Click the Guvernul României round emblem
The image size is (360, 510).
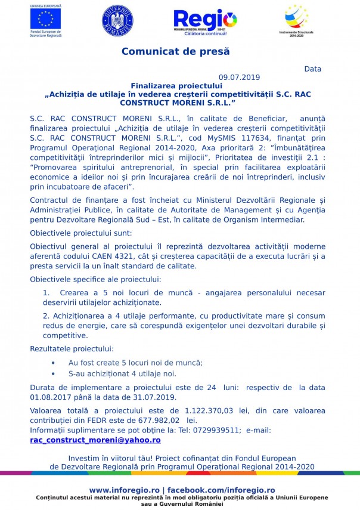[x=117, y=21]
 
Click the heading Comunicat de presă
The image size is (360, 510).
[x=175, y=52]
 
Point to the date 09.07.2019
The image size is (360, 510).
[x=240, y=78]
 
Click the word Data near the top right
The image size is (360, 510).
[x=312, y=69]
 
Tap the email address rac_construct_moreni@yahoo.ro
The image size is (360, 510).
[x=95, y=440]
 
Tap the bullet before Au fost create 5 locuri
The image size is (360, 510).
[x=53, y=363]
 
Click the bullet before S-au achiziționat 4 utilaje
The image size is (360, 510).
[x=53, y=373]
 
